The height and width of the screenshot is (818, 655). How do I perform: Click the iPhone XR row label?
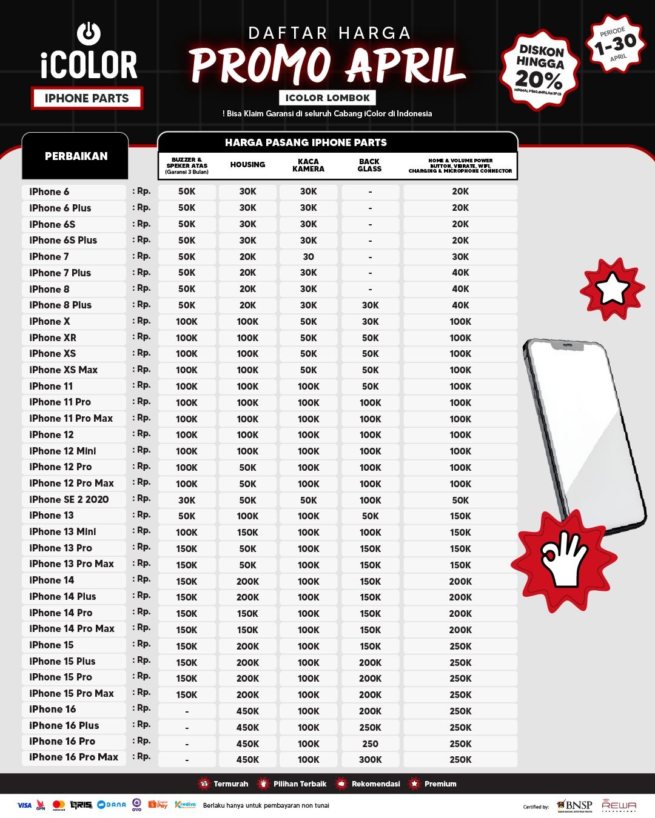click(x=53, y=338)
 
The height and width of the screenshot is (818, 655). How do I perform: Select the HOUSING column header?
click(x=247, y=165)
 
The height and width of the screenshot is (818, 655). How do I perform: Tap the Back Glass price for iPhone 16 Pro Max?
click(x=370, y=760)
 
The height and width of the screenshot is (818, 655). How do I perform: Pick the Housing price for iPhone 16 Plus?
click(x=247, y=727)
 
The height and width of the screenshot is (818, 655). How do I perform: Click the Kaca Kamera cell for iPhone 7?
click(x=308, y=257)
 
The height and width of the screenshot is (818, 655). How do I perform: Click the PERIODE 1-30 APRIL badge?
click(x=615, y=43)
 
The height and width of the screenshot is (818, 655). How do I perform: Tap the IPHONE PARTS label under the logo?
click(x=87, y=98)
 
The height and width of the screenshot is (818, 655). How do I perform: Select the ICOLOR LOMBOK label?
click(x=327, y=98)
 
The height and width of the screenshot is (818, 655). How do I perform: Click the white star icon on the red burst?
click(x=613, y=289)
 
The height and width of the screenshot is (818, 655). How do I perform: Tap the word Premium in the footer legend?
click(x=440, y=784)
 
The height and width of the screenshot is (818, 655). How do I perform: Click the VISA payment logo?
click(x=24, y=805)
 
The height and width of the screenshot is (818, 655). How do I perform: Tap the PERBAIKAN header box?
click(x=76, y=156)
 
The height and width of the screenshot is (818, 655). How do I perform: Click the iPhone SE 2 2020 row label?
click(x=69, y=500)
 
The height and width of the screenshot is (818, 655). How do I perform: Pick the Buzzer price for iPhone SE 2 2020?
click(x=187, y=500)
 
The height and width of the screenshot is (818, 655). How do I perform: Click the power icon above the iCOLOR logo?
click(x=89, y=33)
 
